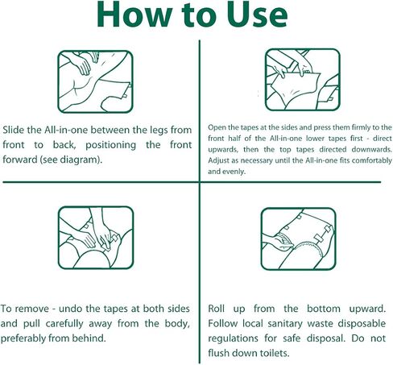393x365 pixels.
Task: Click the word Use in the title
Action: point(258,15)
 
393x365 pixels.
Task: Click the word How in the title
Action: point(134,15)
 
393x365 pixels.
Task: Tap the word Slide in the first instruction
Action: point(14,130)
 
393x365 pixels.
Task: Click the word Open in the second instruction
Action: point(216,128)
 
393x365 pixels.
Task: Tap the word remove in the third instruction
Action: point(31,309)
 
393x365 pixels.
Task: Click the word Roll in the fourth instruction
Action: point(217,309)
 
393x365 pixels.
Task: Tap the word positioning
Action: point(110,145)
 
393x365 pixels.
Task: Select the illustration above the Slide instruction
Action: point(95,81)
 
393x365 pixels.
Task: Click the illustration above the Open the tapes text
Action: point(303,80)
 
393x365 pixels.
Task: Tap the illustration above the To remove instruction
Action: point(96,238)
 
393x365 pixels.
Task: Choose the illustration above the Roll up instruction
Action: point(298,239)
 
